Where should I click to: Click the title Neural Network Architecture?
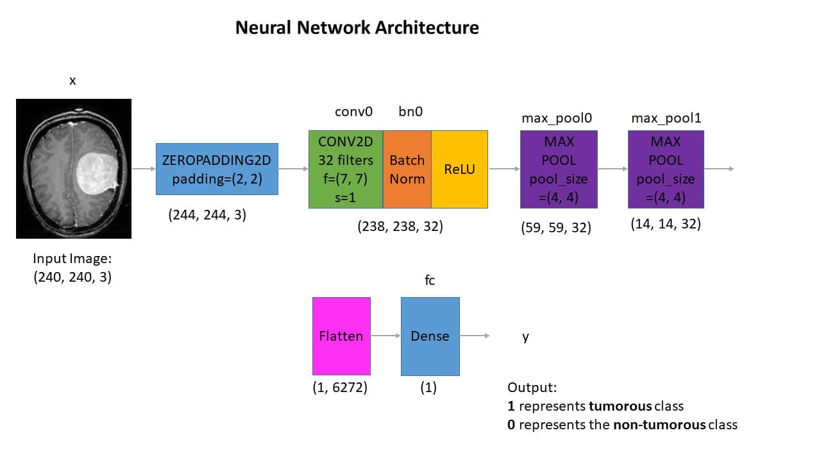coord(357,28)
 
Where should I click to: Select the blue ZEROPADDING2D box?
coord(217,169)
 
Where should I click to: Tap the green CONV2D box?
coord(346,169)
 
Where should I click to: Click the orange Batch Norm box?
coord(407,169)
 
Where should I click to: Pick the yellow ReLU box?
coord(459,169)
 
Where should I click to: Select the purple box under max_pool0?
coord(559,169)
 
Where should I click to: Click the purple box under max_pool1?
coord(666,169)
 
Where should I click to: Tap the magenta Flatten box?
coord(341,336)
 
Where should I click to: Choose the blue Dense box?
coord(430,336)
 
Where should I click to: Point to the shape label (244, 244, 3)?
coord(207,216)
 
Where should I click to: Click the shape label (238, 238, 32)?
coord(400,227)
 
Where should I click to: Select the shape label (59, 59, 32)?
coord(556,227)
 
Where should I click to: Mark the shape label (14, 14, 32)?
coord(666,224)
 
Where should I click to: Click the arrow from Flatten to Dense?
coord(385,336)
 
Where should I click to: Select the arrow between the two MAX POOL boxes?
coord(613,169)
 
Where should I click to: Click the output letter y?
coord(525,337)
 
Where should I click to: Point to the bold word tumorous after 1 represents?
coord(620,406)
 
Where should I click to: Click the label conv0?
coord(353,112)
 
